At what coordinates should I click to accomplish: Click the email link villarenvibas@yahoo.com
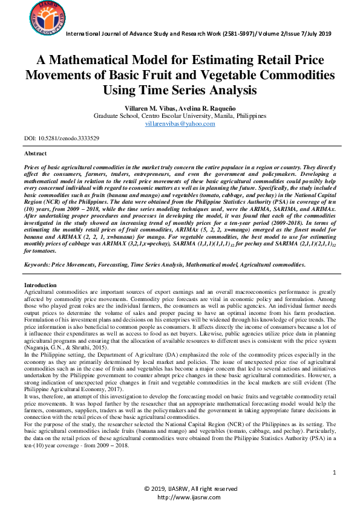(x=180, y=123)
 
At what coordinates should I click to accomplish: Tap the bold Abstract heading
(x=35, y=154)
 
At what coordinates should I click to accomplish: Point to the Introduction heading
(x=41, y=285)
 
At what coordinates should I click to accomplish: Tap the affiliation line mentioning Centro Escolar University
(x=180, y=115)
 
